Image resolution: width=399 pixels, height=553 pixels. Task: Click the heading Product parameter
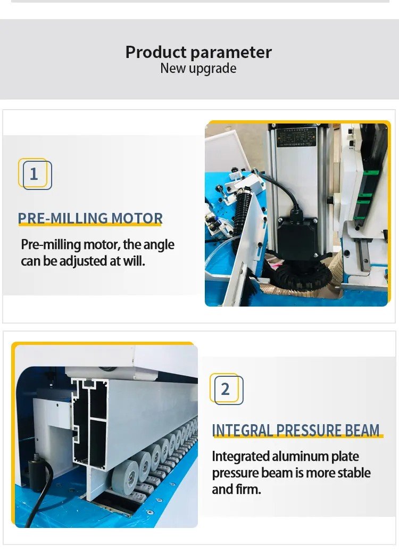point(198,52)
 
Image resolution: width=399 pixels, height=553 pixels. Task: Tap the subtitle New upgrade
point(198,69)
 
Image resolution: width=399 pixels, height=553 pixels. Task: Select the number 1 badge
point(35,174)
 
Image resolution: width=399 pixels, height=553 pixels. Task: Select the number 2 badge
point(226,389)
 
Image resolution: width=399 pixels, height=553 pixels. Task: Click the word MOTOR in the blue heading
point(137,218)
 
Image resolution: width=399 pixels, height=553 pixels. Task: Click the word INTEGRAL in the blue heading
point(242,430)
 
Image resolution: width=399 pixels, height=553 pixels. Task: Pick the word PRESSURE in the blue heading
point(309,430)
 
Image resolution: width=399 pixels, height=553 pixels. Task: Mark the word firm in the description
point(248,490)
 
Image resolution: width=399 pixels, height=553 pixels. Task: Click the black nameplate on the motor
point(296,137)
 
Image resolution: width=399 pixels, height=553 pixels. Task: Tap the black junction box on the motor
point(296,236)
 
